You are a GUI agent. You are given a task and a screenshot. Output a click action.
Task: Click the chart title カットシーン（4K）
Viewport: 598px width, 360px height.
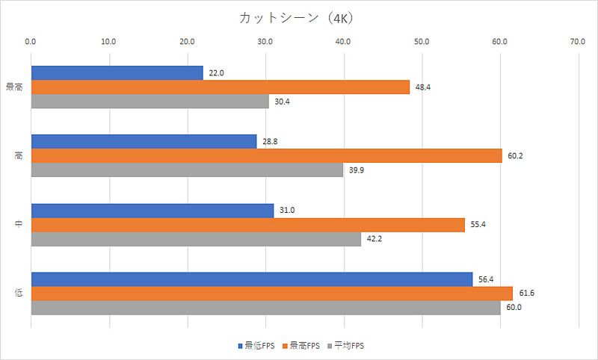tap(299, 16)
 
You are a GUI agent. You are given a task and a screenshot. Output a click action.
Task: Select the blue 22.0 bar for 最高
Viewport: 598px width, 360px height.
tap(117, 73)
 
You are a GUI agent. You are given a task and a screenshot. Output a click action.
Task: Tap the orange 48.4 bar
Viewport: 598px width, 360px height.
tap(220, 87)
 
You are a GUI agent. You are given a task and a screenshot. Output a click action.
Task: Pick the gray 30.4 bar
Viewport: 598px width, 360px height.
tap(149, 101)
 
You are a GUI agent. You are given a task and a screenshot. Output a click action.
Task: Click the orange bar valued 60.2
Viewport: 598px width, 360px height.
tap(266, 156)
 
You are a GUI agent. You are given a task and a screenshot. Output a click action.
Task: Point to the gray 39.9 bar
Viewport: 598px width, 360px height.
tap(187, 170)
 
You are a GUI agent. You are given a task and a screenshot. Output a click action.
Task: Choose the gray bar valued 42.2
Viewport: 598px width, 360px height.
tap(196, 239)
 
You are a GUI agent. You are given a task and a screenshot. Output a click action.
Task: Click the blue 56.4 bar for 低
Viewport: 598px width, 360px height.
tap(251, 279)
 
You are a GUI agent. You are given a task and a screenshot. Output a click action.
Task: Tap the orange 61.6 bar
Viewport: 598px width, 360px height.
tap(271, 294)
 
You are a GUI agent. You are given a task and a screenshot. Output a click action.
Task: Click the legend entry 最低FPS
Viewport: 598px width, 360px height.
tap(256, 346)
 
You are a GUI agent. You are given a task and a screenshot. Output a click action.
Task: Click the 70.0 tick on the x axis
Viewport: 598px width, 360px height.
tap(578, 42)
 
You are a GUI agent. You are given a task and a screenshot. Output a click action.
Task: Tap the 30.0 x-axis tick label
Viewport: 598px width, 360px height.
tap(265, 42)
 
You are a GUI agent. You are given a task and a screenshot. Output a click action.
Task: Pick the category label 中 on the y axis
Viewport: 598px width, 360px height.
tap(18, 225)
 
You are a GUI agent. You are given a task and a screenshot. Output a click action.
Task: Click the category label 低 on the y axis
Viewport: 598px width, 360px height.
tap(18, 294)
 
